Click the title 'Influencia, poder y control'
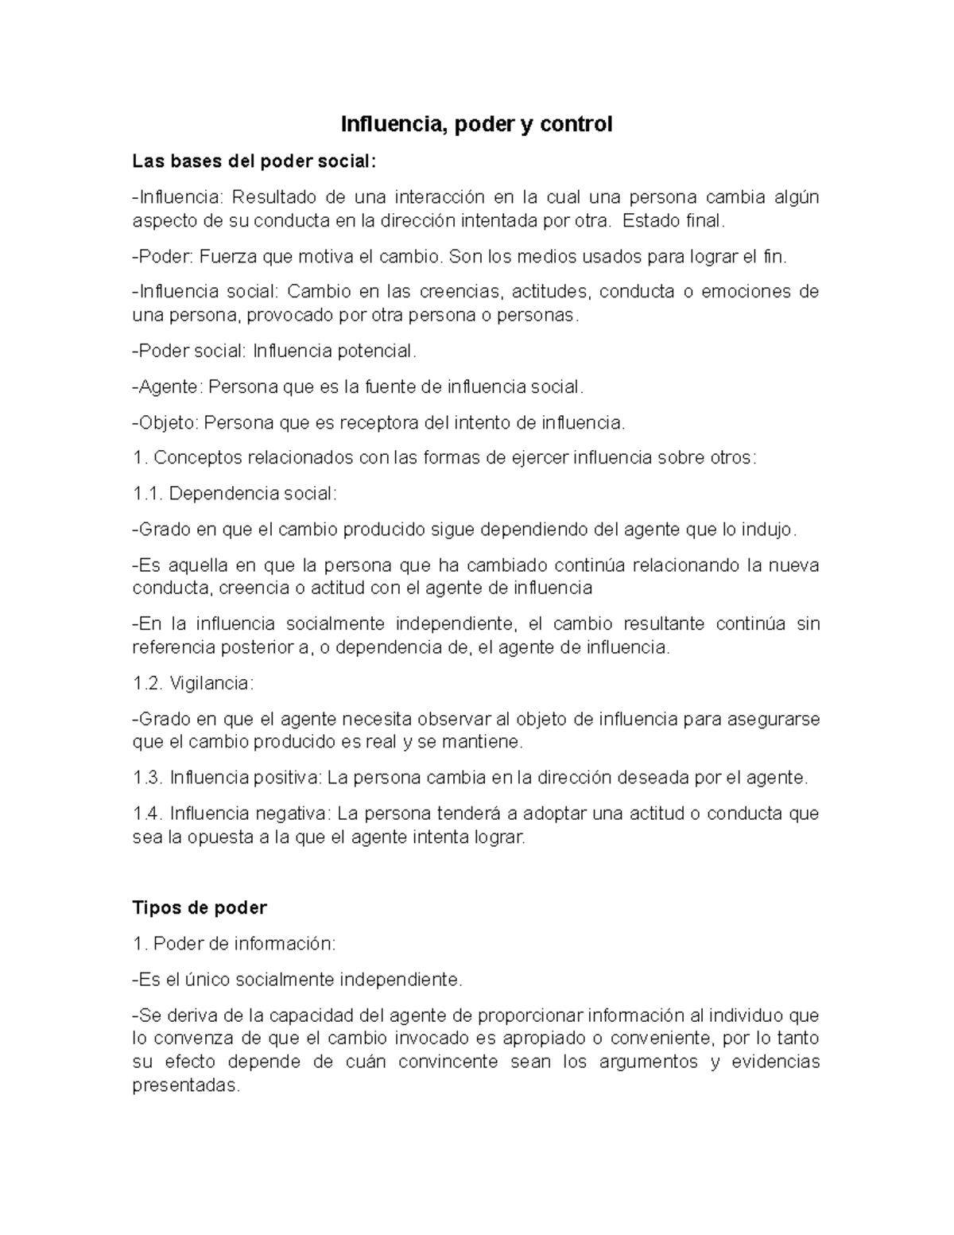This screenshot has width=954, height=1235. point(476,125)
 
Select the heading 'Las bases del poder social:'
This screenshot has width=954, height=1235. point(251,161)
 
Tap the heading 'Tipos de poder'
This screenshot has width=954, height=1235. point(199,907)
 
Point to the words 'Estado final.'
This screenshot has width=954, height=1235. point(674,221)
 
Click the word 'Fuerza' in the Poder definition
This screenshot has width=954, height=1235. point(223,257)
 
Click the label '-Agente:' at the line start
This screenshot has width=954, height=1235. point(167,387)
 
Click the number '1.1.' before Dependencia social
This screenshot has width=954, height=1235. point(148,494)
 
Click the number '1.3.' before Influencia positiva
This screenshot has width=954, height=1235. point(148,778)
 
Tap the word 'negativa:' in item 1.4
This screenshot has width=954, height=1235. point(294,814)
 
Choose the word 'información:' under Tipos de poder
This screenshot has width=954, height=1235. point(284,944)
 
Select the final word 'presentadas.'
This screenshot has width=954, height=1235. point(185,1086)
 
